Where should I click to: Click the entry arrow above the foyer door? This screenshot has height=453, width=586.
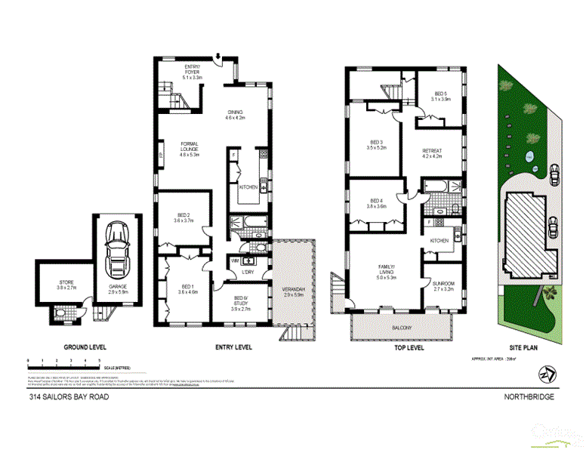tap(218, 55)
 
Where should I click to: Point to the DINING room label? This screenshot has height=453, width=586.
tap(236, 115)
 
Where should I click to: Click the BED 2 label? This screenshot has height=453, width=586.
tap(184, 218)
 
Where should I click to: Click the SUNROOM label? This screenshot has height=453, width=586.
tap(443, 286)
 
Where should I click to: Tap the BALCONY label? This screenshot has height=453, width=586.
tap(402, 328)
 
